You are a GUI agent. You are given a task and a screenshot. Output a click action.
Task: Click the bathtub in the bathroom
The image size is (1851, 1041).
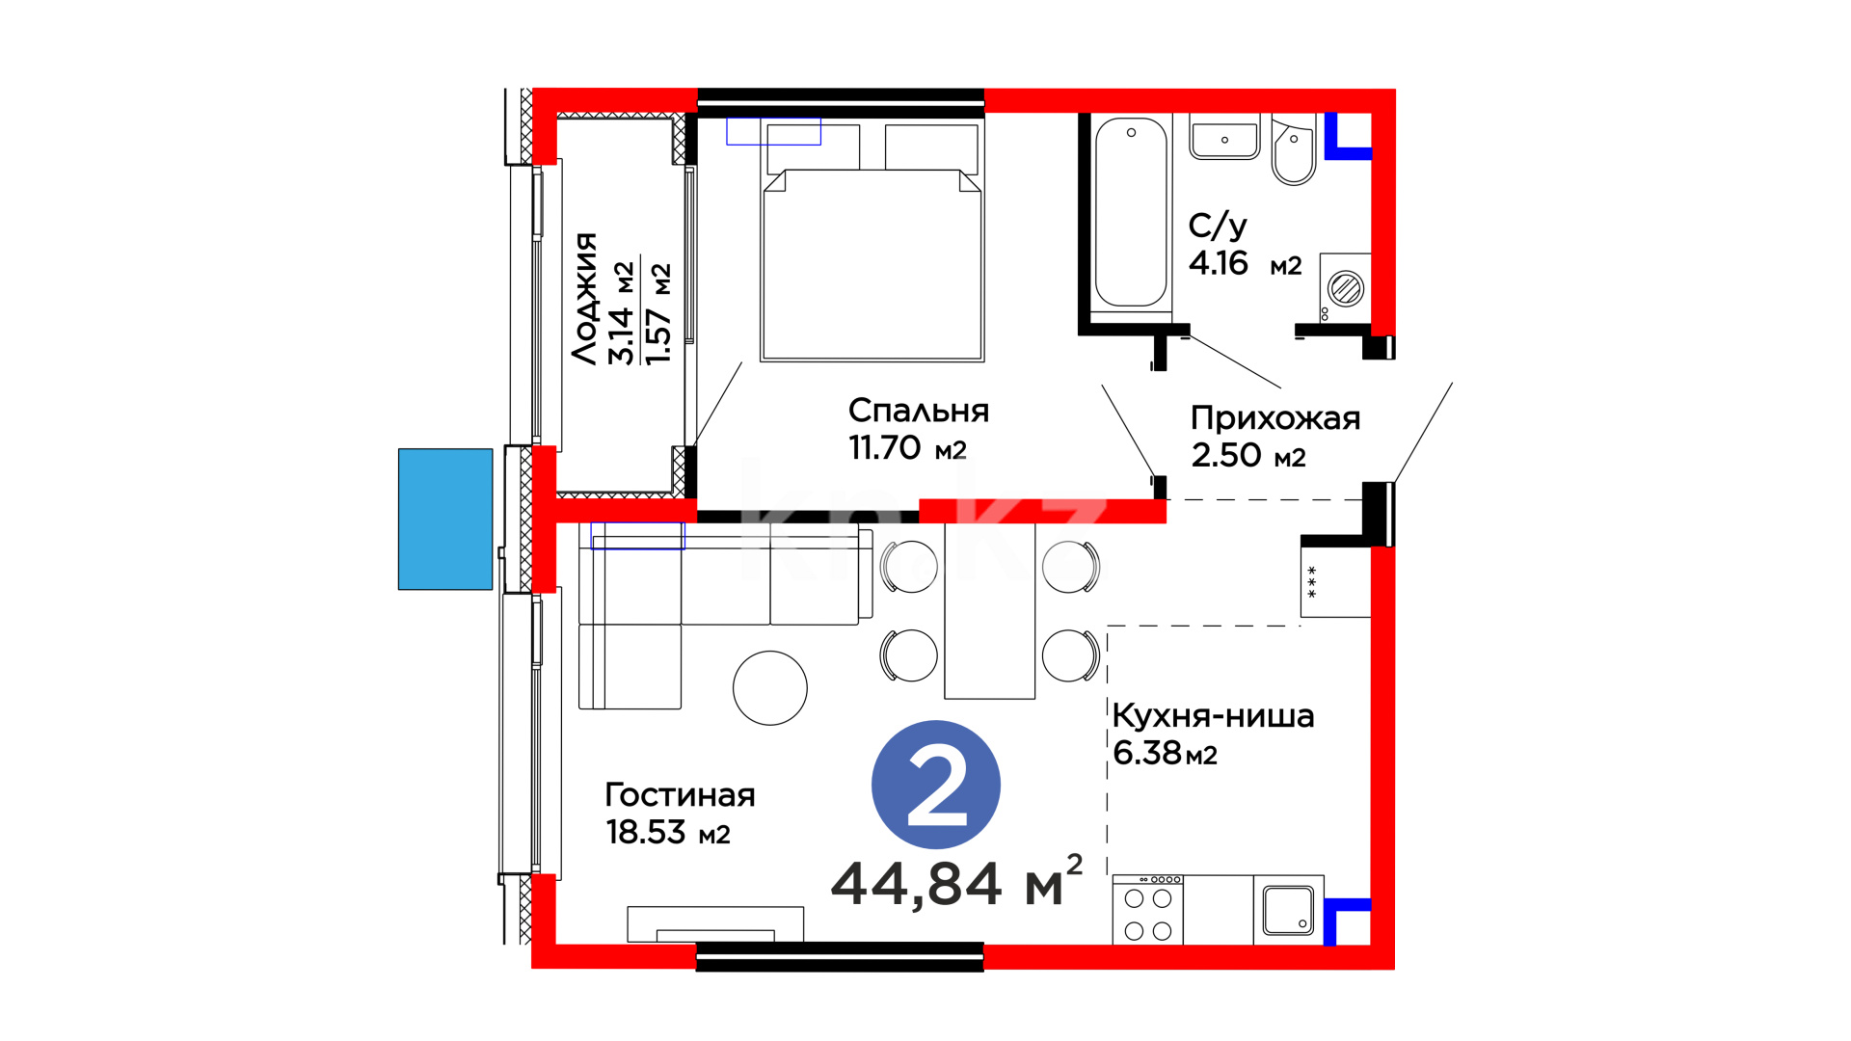point(1131,214)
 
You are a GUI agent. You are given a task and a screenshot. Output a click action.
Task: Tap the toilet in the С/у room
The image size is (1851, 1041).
point(1294,150)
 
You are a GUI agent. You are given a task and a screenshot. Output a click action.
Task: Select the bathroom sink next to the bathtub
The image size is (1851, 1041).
point(1224,137)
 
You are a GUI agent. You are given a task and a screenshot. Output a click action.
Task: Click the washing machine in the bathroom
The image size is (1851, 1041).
point(1345,287)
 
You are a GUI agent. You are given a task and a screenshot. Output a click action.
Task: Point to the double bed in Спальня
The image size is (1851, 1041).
point(872,241)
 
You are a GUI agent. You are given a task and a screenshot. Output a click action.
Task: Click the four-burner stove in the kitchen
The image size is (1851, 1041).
point(1148,910)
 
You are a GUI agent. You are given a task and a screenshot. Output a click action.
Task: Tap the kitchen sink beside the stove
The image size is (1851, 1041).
point(1289,910)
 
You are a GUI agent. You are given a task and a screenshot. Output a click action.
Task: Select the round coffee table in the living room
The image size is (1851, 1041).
point(770,688)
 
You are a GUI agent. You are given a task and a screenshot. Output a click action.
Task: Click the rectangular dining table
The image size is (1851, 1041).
point(990,610)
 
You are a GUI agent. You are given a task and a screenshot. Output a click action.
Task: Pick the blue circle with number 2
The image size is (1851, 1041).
point(936,785)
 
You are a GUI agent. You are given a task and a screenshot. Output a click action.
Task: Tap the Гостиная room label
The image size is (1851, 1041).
point(680,795)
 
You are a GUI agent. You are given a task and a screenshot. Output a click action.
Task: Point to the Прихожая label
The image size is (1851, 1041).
point(1275,418)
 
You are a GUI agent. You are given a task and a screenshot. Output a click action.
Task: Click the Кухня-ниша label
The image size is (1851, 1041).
point(1213,716)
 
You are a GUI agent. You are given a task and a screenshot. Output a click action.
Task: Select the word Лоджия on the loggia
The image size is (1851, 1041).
point(584,298)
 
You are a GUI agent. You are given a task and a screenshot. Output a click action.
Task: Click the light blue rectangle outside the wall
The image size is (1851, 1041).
point(445,519)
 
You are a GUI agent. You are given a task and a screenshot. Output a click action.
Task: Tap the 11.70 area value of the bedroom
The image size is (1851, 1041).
point(885,448)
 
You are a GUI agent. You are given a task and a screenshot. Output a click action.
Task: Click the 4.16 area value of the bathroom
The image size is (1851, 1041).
point(1219,263)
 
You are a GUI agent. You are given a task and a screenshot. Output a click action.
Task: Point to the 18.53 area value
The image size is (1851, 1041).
point(646,832)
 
